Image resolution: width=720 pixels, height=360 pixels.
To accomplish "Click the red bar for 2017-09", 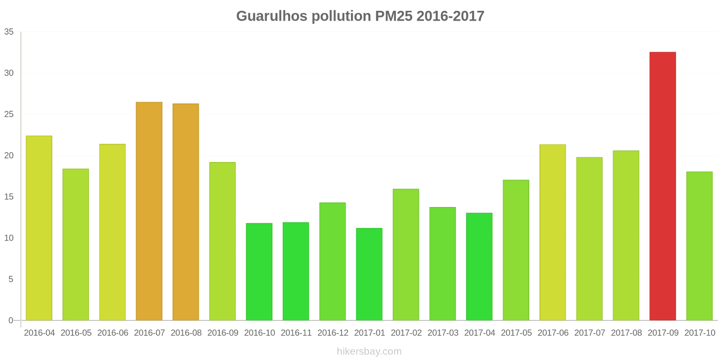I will pyautogui.click(x=662, y=186).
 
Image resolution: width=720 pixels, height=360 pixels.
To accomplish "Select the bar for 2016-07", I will pyautogui.click(x=149, y=211).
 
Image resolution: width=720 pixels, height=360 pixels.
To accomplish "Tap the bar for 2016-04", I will pyautogui.click(x=39, y=228).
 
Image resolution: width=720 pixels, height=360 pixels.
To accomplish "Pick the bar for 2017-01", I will pyautogui.click(x=369, y=274).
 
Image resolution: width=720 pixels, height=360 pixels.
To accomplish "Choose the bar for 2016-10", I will pyautogui.click(x=259, y=272).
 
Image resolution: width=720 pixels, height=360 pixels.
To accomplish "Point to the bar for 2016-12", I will pyautogui.click(x=333, y=261).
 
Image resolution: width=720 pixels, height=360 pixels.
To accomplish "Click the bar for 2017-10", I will pyautogui.click(x=699, y=246).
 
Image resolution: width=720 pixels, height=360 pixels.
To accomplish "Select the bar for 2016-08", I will pyautogui.click(x=186, y=212).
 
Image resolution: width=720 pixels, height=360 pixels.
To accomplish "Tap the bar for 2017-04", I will pyautogui.click(x=479, y=266).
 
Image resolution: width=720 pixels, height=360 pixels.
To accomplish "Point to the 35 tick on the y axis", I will pyautogui.click(x=9, y=32).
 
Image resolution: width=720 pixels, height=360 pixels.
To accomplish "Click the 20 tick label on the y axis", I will pyautogui.click(x=9, y=156).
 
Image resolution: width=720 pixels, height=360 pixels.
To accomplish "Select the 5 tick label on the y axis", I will pyautogui.click(x=11, y=279).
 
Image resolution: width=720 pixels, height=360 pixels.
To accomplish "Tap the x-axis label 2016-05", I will pyautogui.click(x=76, y=333).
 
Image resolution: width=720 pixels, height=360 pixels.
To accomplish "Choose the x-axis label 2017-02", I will pyautogui.click(x=406, y=333).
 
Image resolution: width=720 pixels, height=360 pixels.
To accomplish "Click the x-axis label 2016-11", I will pyautogui.click(x=296, y=333).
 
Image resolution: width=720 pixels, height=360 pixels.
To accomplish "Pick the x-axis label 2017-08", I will pyautogui.click(x=626, y=333).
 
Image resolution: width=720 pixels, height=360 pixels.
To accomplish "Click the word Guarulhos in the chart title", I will pyautogui.click(x=271, y=16).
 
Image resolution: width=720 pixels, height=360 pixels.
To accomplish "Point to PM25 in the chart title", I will pyautogui.click(x=392, y=16).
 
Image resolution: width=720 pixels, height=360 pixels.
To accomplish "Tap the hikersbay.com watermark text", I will pyautogui.click(x=369, y=351).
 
